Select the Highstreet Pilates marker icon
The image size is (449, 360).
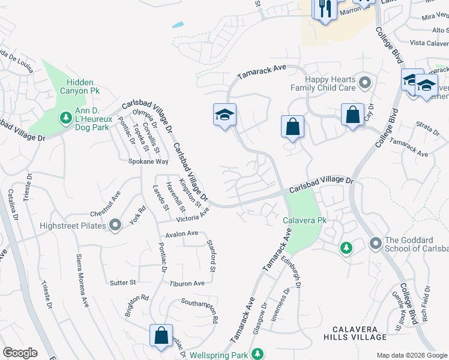(116, 226)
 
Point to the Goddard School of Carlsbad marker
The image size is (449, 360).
(376, 243)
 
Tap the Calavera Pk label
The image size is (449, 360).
(304, 220)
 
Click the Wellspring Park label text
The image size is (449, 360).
(217, 353)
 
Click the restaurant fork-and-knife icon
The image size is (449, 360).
(325, 9)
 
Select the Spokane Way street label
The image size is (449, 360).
(148, 161)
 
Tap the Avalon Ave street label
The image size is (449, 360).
(181, 233)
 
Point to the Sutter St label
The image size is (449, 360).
(123, 281)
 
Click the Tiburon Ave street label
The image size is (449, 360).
(187, 283)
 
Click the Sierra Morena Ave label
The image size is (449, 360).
(82, 280)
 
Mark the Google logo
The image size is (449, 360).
(20, 353)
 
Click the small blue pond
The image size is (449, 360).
(178, 26)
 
